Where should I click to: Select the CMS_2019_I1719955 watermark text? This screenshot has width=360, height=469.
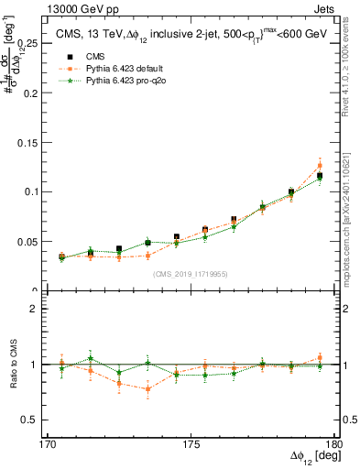191,273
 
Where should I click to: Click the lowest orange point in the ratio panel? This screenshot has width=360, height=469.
147,389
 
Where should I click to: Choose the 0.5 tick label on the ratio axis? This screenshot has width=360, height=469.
30,420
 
